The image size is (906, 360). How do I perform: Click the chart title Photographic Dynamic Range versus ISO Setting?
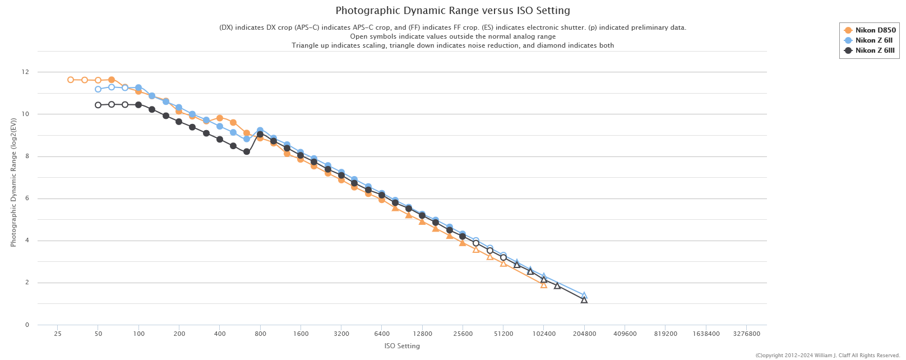452,11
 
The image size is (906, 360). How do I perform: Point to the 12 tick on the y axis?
25,72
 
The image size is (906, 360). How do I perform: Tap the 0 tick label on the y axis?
27,325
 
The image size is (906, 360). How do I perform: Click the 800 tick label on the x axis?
260,334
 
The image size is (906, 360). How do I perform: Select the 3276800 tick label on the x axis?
746,334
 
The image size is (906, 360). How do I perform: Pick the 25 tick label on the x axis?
58,334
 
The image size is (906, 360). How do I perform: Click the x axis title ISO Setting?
402,346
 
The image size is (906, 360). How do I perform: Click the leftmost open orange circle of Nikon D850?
71,80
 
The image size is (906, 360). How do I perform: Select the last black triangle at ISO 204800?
584,300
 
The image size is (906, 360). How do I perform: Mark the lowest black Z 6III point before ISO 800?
247,151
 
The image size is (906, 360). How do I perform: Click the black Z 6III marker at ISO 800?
260,135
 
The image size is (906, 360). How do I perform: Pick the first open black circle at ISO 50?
98,105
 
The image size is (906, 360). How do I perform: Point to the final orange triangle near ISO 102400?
543,285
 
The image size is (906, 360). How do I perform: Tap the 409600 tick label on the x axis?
625,334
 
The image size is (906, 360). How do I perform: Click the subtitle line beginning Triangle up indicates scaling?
452,45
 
